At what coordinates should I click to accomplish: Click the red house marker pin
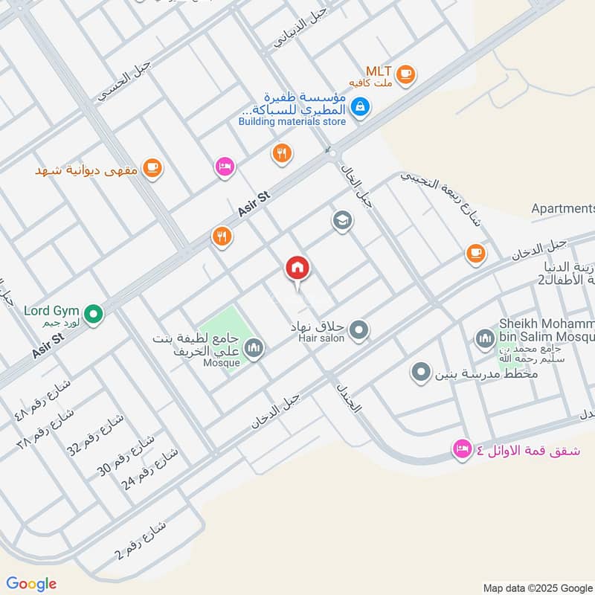click(298, 268)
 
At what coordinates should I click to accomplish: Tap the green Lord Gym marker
click(93, 315)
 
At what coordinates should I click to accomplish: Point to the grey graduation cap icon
click(342, 221)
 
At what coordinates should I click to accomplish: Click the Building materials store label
click(292, 121)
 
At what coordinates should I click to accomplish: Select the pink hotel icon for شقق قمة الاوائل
click(462, 449)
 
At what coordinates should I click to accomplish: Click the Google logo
click(31, 584)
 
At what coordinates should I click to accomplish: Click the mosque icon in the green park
click(254, 347)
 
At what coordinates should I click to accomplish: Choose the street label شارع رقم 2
click(142, 542)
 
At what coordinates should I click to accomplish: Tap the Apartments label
click(563, 208)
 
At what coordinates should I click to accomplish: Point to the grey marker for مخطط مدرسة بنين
click(421, 371)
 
